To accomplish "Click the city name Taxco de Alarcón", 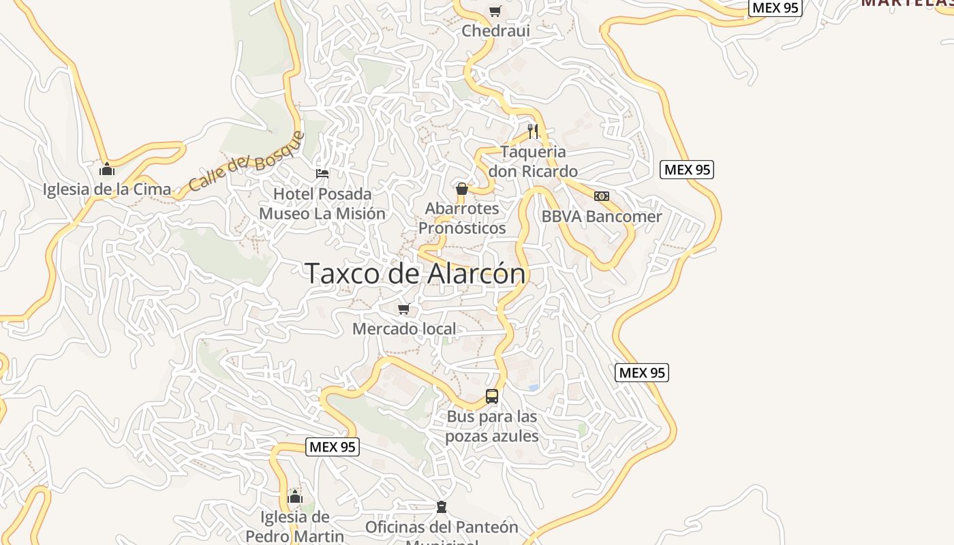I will coord(415,274).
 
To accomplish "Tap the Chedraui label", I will coord(495,31).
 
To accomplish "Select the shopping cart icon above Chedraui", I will coord(495,11).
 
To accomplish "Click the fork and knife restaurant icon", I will coord(533,131).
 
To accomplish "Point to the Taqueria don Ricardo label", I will coord(533,161).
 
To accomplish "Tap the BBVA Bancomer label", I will coord(602,217).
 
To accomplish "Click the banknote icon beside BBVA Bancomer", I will coord(602,196).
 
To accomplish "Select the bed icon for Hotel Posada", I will coord(322,174).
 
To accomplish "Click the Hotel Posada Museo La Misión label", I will coord(322,204).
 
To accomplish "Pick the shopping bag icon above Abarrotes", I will coord(462,189).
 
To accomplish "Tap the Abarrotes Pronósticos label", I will coord(462,218).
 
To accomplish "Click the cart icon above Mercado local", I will coord(404,309).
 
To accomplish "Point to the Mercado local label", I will coord(404,329).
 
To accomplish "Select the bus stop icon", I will coord(492,396).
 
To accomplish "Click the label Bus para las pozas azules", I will coord(492,426).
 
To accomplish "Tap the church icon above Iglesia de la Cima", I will coord(107,169).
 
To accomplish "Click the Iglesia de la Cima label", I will coord(107,189).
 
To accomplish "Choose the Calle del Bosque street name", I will coord(246,161).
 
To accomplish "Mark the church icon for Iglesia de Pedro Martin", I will coord(295,497).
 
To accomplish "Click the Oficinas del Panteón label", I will coord(442,527).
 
